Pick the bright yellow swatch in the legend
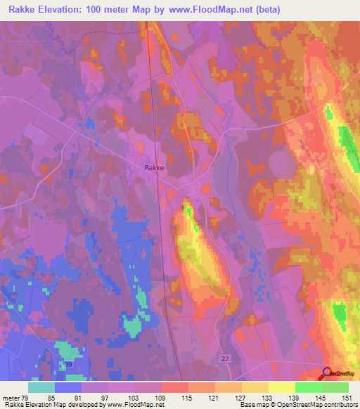(282, 387)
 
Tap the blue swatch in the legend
(68, 387)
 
